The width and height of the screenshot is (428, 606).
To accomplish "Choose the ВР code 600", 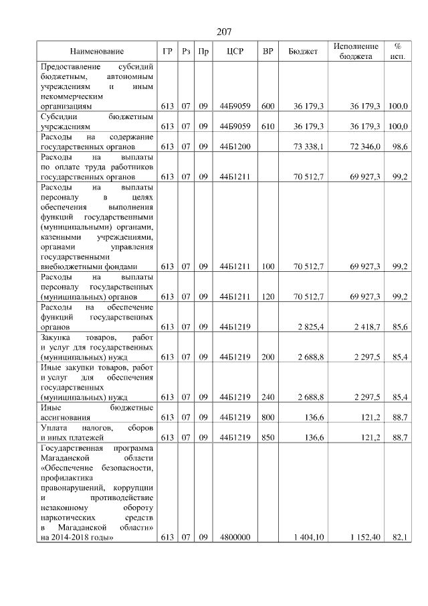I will [268, 106].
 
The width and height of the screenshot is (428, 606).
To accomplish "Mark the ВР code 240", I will [268, 397].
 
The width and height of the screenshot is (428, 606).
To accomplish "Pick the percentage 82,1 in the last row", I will [401, 537].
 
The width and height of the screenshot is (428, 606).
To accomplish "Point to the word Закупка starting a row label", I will [57, 337].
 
